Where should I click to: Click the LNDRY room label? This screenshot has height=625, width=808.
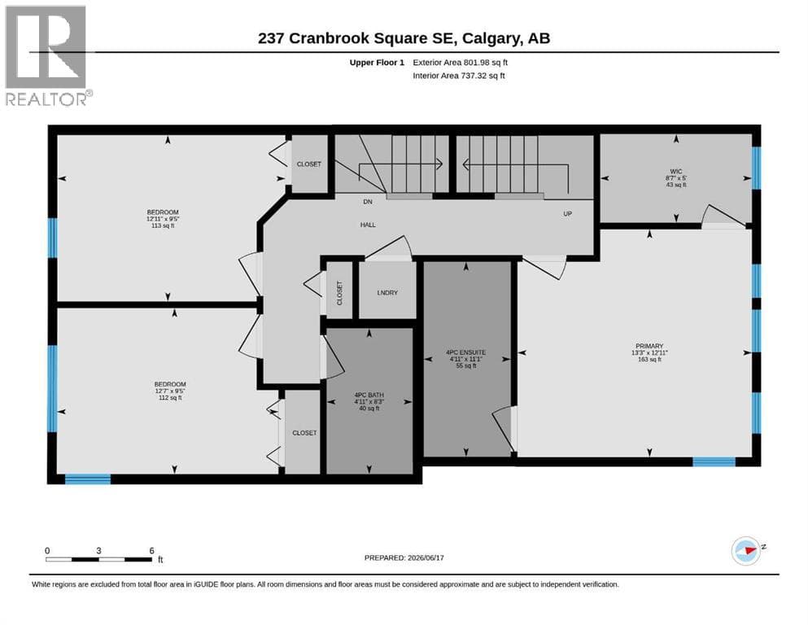coord(387,293)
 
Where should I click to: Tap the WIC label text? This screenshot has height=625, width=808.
coord(676,172)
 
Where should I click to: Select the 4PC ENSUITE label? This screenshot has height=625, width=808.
coord(465,352)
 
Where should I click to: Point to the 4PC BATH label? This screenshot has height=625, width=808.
coord(369,396)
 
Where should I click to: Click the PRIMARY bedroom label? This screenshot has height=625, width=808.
coord(649,346)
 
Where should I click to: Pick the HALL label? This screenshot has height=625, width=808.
coord(368,225)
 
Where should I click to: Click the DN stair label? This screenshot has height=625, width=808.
coord(368,202)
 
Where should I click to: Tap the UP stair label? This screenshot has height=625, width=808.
coord(567,214)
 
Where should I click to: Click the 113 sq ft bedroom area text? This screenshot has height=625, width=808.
coord(163,225)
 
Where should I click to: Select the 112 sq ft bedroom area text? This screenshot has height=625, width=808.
coord(170,398)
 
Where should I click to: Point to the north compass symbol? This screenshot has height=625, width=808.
coord(747,551)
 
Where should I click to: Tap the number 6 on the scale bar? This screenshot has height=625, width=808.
coord(151,551)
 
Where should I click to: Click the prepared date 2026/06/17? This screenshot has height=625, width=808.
coord(426,557)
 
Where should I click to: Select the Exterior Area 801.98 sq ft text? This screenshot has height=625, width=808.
coord(461,63)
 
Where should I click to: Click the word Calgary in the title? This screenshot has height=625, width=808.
coord(492,38)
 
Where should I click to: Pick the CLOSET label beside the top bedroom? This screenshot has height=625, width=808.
coord(308,164)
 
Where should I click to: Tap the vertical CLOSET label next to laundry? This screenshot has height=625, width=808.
coord(339,293)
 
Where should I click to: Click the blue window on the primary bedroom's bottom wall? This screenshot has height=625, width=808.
coord(714,461)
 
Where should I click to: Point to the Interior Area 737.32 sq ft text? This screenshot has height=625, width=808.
coord(459,76)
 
